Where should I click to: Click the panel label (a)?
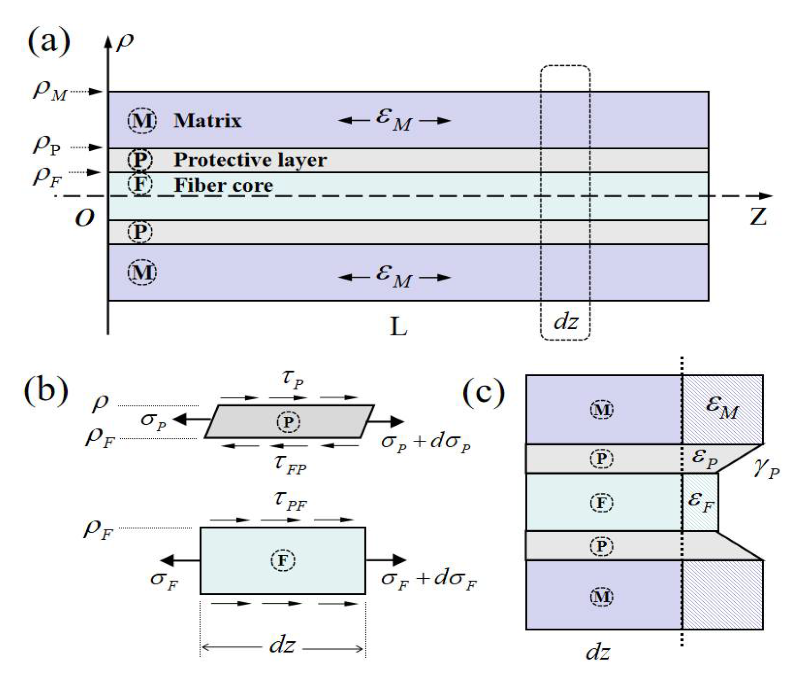(49, 42)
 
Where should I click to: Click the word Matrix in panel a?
(207, 121)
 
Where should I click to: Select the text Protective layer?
(250, 160)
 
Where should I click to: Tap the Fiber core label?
(223, 185)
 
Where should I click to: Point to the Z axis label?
(758, 217)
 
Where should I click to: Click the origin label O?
(85, 218)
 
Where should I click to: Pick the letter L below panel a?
(398, 326)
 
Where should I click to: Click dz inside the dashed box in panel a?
(565, 322)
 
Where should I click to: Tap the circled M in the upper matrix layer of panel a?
(142, 121)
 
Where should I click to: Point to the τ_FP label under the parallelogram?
(290, 464)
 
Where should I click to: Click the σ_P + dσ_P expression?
(426, 442)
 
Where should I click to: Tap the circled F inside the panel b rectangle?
(282, 560)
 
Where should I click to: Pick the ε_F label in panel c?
(701, 502)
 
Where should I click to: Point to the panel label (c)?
(484, 393)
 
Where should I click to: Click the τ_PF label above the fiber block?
(290, 501)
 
